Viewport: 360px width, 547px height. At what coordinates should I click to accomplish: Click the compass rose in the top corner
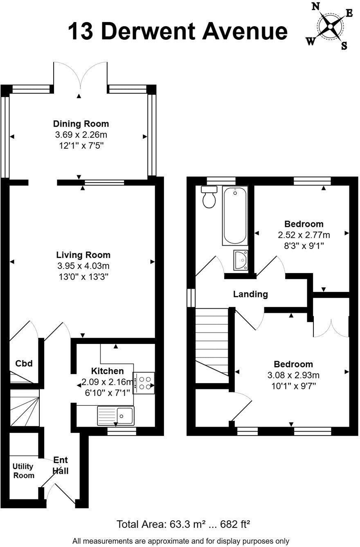(330, 26)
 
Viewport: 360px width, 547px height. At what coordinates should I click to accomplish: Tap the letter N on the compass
(316, 7)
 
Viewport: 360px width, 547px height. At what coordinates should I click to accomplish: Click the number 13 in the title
(81, 32)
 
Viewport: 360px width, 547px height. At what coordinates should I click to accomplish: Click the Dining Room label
(81, 124)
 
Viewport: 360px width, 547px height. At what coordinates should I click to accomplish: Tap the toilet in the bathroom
(209, 197)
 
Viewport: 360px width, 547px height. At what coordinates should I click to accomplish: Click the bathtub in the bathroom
(235, 215)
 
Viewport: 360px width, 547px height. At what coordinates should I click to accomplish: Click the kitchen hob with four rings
(144, 383)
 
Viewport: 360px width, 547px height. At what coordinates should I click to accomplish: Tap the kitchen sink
(116, 416)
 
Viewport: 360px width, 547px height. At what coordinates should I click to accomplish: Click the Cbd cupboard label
(24, 363)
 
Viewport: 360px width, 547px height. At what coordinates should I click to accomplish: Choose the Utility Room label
(23, 471)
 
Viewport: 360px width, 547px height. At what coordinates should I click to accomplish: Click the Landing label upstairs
(250, 294)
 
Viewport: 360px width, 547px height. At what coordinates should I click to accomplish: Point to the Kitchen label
(107, 371)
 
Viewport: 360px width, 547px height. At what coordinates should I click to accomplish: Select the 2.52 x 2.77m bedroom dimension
(304, 235)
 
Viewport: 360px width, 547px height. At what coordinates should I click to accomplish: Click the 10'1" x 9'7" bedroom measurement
(293, 385)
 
